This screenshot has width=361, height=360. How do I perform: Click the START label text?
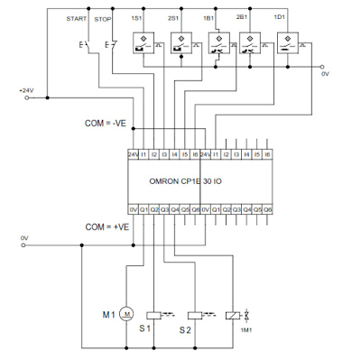(x=79, y=18)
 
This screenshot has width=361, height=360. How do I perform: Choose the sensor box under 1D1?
(x=292, y=42)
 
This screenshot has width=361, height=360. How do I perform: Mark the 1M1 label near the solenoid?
(x=245, y=332)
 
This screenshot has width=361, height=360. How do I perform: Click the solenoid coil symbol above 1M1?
(x=236, y=314)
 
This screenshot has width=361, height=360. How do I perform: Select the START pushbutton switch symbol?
(x=85, y=44)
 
